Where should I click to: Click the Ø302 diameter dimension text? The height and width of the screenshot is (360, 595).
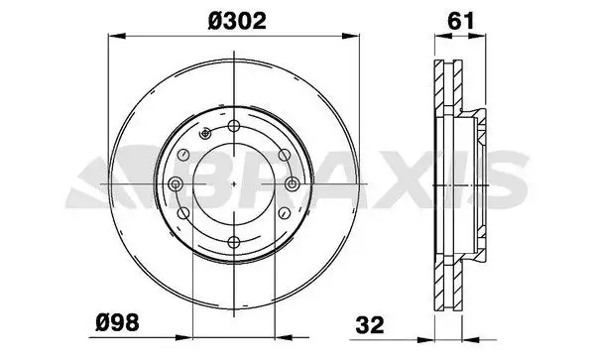pos(237,21)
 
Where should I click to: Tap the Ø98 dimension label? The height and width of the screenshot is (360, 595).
pos(117,323)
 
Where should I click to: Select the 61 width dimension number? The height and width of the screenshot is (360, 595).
pos(461,21)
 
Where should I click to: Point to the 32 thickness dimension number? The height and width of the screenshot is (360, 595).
pos(370,325)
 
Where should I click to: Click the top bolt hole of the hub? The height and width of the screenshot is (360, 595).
pos(234,126)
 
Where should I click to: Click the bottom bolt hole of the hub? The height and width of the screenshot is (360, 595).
pos(234,242)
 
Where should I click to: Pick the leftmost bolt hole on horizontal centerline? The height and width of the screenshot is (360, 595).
pos(176,184)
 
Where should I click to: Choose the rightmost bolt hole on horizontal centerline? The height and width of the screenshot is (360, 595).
pos(292,184)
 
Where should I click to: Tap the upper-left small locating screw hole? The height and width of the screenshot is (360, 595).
pos(205,133)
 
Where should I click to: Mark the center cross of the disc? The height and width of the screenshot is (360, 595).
pos(234,184)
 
